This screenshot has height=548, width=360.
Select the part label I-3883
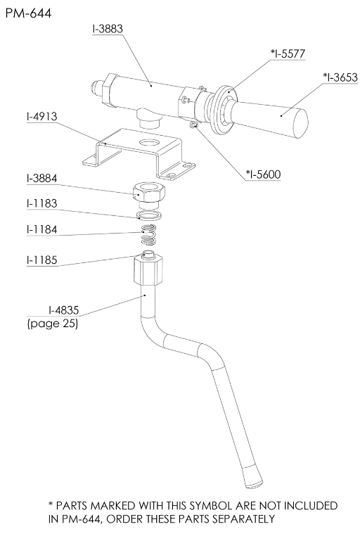click(x=108, y=29)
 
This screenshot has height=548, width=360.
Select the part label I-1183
click(x=42, y=203)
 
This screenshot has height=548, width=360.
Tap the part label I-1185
click(x=42, y=260)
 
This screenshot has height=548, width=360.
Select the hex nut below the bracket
click(x=147, y=193)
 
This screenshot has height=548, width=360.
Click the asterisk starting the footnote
click(x=51, y=504)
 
